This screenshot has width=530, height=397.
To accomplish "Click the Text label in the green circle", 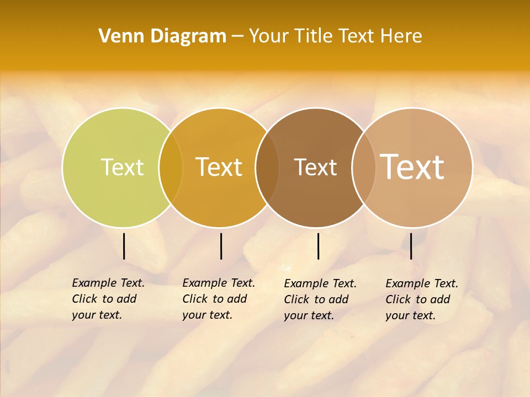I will click(x=122, y=167).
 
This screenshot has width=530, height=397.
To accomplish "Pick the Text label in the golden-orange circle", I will click(x=219, y=167).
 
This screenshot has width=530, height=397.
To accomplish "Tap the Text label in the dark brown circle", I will click(x=315, y=167).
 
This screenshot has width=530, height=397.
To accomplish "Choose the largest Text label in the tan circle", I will click(x=412, y=167).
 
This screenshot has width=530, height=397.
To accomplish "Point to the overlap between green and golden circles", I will click(x=171, y=167).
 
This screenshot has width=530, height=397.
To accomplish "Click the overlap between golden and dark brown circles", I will click(x=267, y=167).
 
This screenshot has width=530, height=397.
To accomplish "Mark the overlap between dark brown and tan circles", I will click(x=363, y=167).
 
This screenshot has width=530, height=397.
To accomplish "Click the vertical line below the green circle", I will click(x=124, y=246).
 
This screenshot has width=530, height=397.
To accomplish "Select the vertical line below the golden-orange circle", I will click(x=221, y=246).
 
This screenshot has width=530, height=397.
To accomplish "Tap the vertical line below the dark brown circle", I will click(x=318, y=246).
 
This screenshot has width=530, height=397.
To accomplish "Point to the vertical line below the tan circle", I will click(x=411, y=246).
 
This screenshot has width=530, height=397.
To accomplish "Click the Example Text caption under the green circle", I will click(x=108, y=299).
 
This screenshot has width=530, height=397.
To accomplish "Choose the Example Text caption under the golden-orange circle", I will click(x=219, y=299).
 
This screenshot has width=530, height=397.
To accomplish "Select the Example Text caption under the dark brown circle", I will click(x=320, y=299).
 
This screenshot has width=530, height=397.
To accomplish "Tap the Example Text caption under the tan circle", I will click(x=422, y=299).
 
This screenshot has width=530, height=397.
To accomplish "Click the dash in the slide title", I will click(x=237, y=36).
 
